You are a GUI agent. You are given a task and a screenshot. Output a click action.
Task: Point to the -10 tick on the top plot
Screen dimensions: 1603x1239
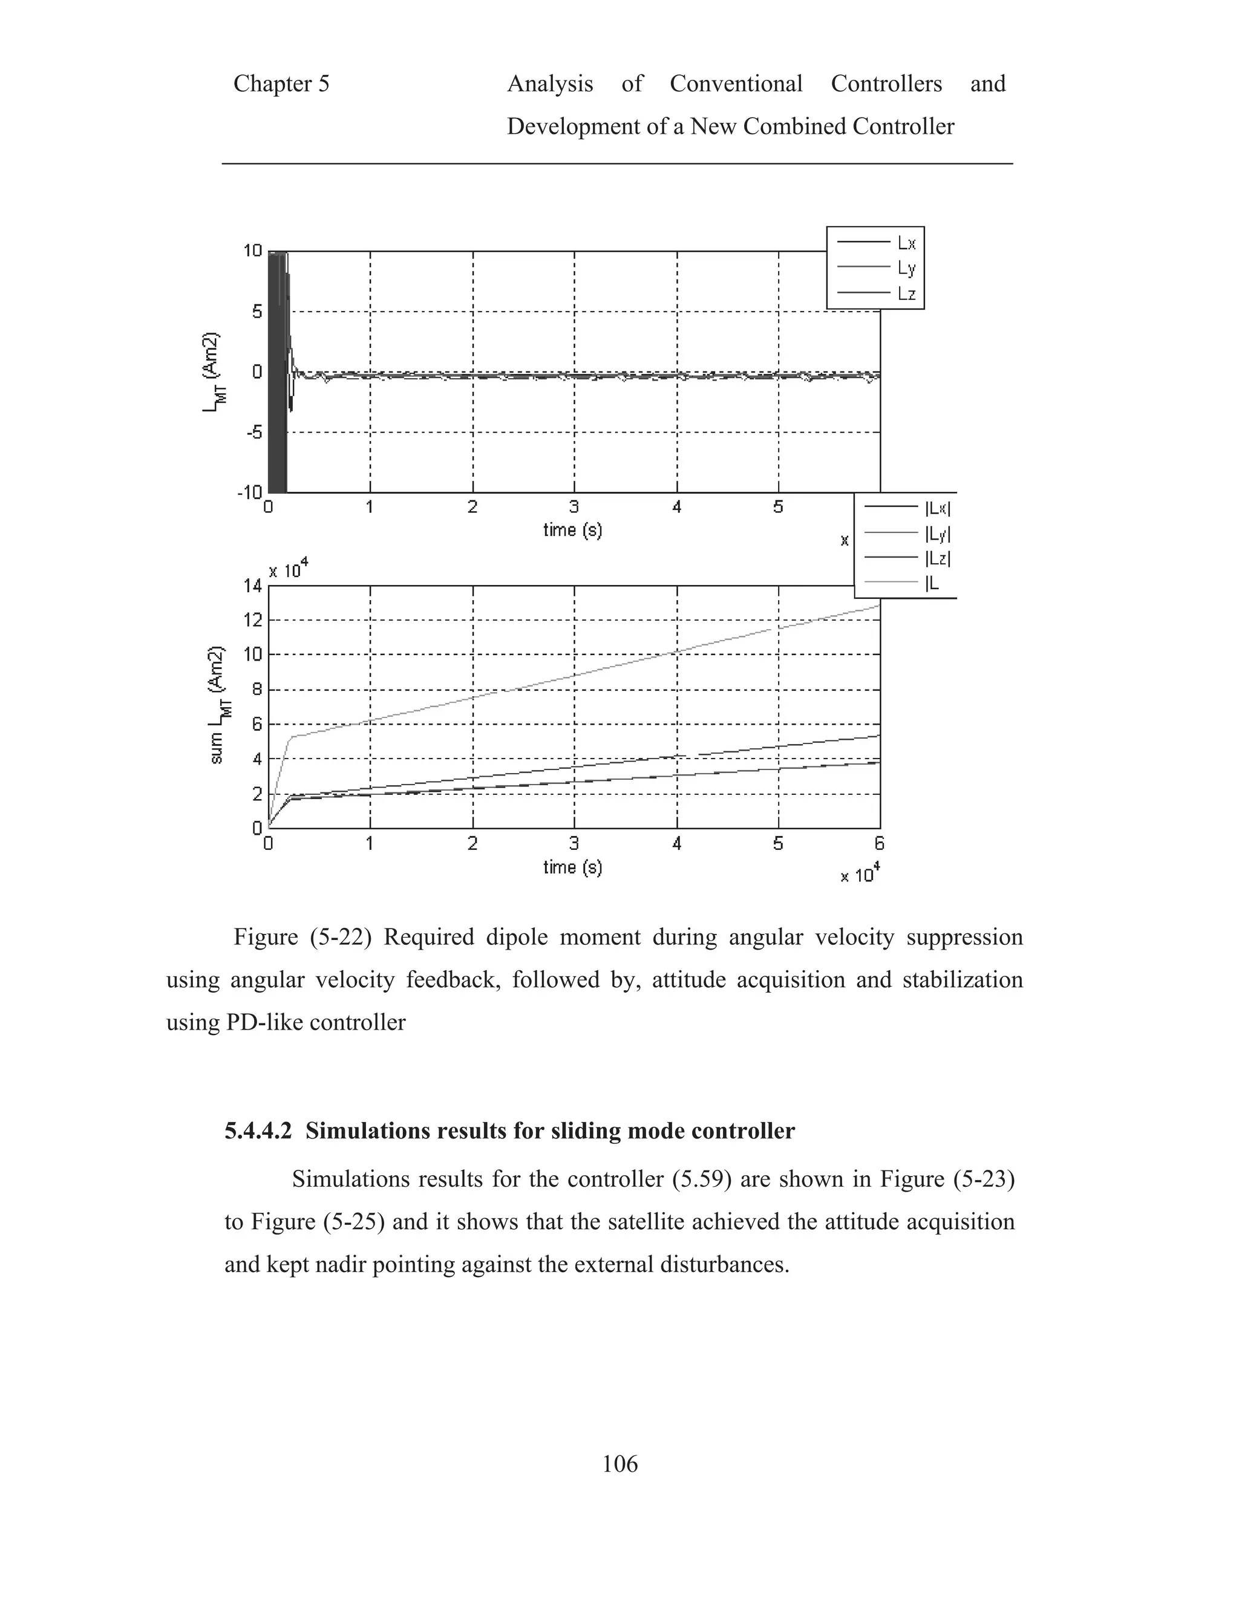[250, 492]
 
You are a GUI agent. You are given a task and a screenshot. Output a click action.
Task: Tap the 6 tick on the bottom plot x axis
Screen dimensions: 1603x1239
[879, 843]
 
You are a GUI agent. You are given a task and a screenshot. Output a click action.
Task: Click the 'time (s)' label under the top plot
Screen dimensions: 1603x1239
[572, 530]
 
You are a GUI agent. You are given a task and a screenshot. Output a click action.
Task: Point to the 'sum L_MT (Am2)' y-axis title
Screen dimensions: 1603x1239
[217, 705]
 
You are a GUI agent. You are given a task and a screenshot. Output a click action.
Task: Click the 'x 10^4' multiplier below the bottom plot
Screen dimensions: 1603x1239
[860, 874]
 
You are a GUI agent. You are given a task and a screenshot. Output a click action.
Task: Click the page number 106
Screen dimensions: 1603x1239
[619, 1464]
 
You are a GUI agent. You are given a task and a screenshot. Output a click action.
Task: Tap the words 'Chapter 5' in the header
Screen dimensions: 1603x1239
[281, 83]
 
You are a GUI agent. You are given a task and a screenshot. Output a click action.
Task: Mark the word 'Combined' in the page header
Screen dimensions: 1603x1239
[794, 126]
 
